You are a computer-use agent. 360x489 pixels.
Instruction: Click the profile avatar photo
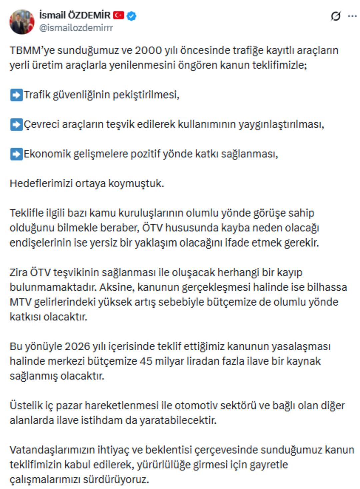point(22,22)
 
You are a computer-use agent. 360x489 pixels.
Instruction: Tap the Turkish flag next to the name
point(118,15)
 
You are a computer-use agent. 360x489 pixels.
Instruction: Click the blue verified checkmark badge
point(131,16)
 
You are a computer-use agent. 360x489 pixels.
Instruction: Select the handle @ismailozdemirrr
point(76,28)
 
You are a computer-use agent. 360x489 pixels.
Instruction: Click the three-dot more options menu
point(352,16)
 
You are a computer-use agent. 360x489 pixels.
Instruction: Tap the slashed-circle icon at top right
point(336,16)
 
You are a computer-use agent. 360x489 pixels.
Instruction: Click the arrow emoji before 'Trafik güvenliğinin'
point(16,95)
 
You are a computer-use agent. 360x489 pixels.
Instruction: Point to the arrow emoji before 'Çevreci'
point(16,124)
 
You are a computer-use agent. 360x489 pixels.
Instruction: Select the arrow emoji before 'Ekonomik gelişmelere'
point(16,154)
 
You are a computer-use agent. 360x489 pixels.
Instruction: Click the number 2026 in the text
point(77,346)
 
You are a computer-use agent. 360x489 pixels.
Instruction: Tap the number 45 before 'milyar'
point(146,361)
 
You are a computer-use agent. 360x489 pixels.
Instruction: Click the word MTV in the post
point(21,302)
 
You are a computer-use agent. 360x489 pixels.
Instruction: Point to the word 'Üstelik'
point(26,405)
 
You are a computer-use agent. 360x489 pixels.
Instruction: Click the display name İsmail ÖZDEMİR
point(75,15)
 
